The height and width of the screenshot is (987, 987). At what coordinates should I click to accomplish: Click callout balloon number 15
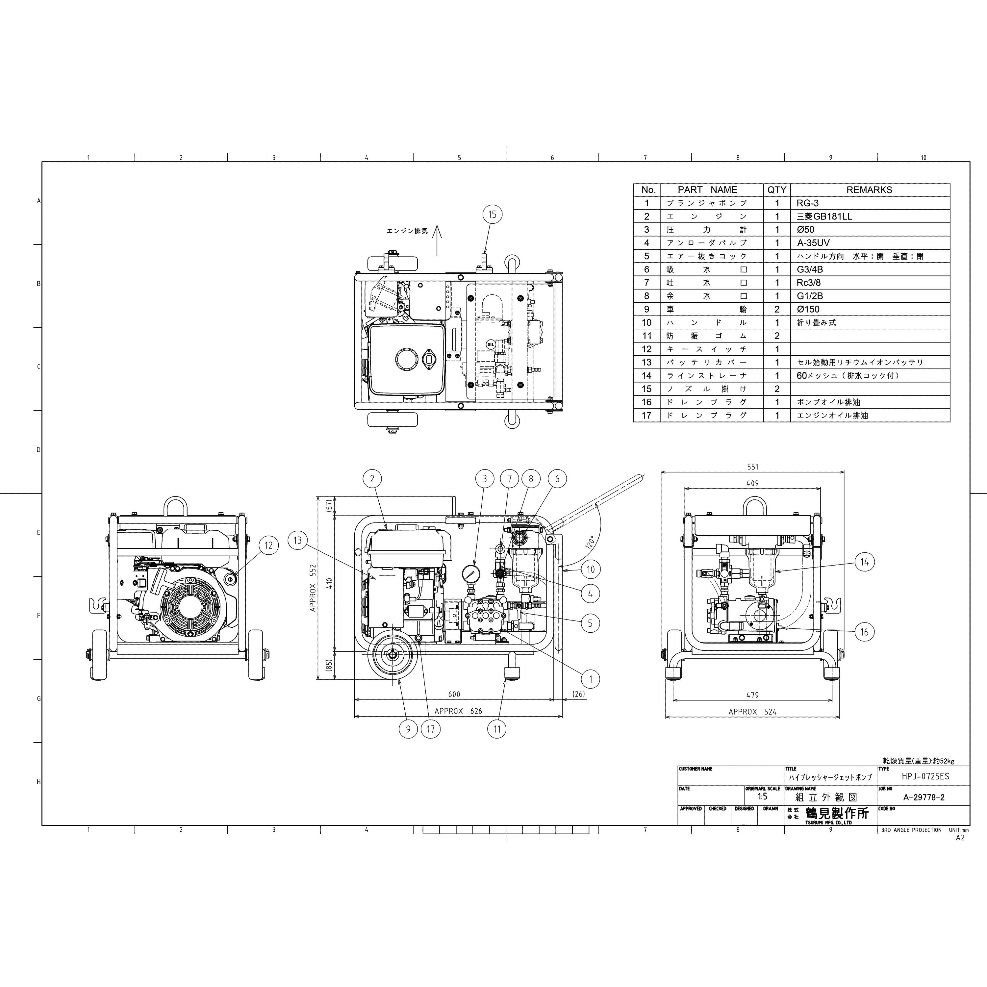(492, 214)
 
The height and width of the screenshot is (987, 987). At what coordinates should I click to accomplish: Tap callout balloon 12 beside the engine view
(269, 545)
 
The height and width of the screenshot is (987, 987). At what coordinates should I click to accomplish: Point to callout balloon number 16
(864, 632)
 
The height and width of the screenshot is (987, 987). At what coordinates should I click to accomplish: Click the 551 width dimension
(752, 467)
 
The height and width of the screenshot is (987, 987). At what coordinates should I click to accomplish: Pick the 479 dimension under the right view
(752, 695)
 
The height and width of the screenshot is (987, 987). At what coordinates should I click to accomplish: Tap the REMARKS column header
(869, 190)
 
